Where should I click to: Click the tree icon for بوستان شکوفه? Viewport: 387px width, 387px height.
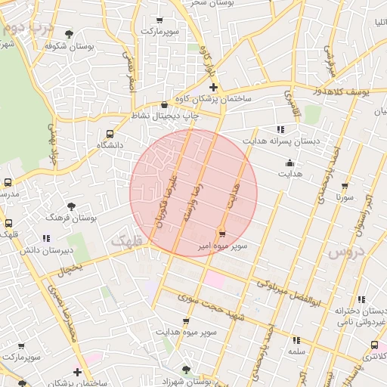pyautogui.click(x=70, y=34)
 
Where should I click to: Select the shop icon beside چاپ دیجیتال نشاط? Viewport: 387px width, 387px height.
pyautogui.click(x=166, y=105)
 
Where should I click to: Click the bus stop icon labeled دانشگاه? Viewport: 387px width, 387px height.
pyautogui.click(x=110, y=134)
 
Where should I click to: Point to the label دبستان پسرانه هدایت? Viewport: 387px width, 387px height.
pyautogui.click(x=280, y=141)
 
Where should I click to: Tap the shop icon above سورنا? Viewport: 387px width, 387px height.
pyautogui.click(x=345, y=186)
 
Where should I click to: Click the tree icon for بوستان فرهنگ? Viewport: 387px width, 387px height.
pyautogui.click(x=71, y=206)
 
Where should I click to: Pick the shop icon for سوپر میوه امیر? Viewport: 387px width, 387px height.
pyautogui.click(x=221, y=234)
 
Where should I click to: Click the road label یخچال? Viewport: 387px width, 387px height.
pyautogui.click(x=70, y=268)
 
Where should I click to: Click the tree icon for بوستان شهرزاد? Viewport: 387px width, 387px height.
pyautogui.click(x=186, y=370)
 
